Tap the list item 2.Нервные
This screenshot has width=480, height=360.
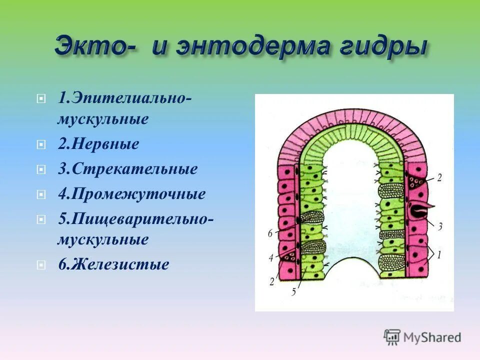pyautogui.click(x=98, y=145)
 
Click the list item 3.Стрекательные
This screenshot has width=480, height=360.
pyautogui.click(x=127, y=169)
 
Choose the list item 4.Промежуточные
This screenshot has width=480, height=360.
pyautogui.click(x=131, y=194)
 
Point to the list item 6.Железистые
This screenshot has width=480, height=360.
pyautogui.click(x=113, y=264)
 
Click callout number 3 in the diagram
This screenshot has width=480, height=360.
pyautogui.click(x=440, y=226)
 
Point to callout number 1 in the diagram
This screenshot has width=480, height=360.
pyautogui.click(x=438, y=255)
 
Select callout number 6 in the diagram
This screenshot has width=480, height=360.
pyautogui.click(x=270, y=233)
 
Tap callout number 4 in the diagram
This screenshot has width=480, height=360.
pyautogui.click(x=270, y=258)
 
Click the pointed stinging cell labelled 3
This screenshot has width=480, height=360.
pyautogui.click(x=418, y=209)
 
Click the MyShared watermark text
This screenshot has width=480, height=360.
pyautogui.click(x=432, y=337)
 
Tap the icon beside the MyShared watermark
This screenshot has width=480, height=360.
pyautogui.click(x=392, y=337)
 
